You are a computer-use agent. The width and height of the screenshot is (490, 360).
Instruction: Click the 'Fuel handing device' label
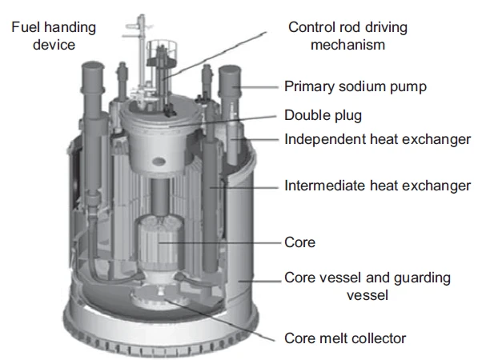coord(54,35)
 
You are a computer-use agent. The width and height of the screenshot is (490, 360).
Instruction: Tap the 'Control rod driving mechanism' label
coord(347,35)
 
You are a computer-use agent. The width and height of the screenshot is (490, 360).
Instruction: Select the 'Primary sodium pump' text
coord(355,86)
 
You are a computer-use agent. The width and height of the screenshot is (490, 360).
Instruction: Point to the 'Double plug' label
coord(323,115)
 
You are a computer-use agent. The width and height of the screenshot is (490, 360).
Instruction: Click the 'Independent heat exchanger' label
coord(377,139)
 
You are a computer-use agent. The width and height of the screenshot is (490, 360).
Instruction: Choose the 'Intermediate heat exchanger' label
coord(377,186)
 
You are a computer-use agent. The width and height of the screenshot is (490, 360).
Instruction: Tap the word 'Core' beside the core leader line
coord(300,242)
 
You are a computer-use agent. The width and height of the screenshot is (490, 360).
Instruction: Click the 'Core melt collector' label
coord(345,338)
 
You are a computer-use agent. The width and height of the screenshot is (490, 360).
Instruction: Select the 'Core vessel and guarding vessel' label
coord(367,286)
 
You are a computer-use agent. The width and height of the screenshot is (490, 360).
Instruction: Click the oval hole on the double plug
coord(159,162)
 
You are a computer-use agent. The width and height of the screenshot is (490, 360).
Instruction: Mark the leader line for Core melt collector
coord(219,319)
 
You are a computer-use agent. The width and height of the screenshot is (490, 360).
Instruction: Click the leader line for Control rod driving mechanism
coord(215,54)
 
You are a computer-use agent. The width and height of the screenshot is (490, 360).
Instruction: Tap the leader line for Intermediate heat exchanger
coord(243,188)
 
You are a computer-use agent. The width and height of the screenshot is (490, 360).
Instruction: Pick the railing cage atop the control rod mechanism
coord(162,51)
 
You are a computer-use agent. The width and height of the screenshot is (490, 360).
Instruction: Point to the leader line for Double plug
coord(223,122)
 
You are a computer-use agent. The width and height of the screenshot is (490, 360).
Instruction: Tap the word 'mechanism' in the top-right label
coord(347,45)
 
